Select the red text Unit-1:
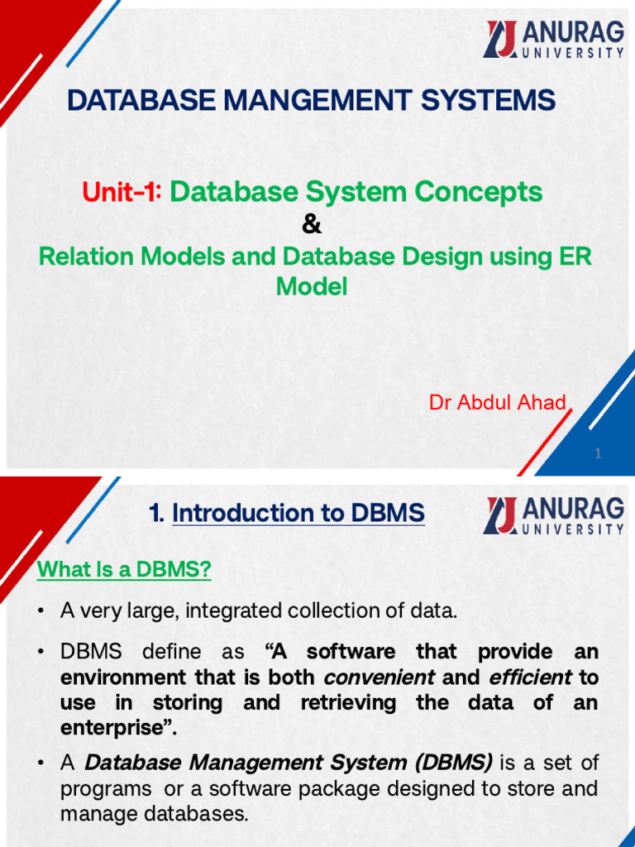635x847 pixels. click(122, 193)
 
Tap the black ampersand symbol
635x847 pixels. click(313, 225)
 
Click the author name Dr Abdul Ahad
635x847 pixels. click(498, 403)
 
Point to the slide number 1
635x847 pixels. click(598, 453)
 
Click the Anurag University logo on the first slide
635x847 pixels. click(554, 39)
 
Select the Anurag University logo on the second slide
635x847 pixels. click(554, 515)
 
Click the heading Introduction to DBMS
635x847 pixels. click(298, 514)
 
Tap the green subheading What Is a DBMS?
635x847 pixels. click(124, 570)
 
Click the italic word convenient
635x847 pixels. click(379, 677)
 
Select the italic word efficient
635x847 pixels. click(530, 677)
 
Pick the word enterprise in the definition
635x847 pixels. click(113, 729)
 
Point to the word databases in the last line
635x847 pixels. click(196, 814)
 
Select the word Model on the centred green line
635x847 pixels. click(312, 287)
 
